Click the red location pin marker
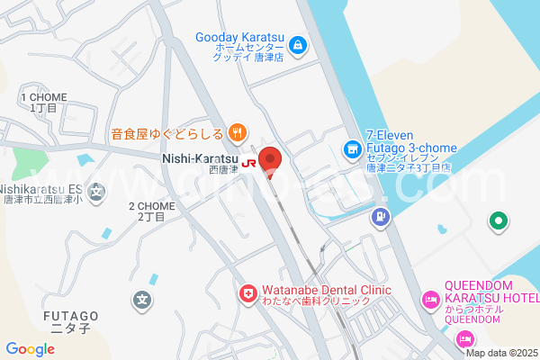coord(270,161)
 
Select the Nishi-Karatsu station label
coord(200,158)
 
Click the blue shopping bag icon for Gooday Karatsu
coord(299,43)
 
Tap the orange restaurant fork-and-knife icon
coord(236,134)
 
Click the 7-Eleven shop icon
coord(352,148)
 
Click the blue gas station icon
coord(382,216)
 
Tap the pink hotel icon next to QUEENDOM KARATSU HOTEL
coord(430,300)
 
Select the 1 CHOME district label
coord(41,102)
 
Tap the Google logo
coord(31,349)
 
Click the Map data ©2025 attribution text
coord(501,353)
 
